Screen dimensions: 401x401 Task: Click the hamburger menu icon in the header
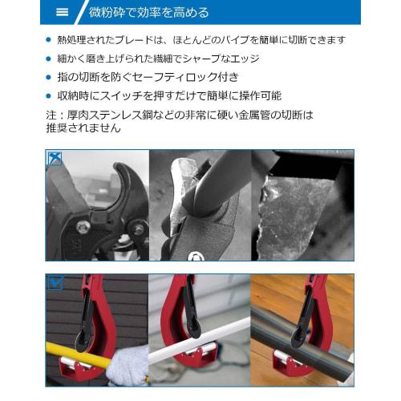pyautogui.click(x=63, y=12)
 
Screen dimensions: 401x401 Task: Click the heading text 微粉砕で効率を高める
pyautogui.click(x=148, y=12)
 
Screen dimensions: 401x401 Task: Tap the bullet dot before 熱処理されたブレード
pyautogui.click(x=50, y=40)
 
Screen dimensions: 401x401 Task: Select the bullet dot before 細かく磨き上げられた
pyautogui.click(x=50, y=59)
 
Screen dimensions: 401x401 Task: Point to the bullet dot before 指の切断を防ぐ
pyautogui.click(x=50, y=78)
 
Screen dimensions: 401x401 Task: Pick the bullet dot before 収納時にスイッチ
pyautogui.click(x=50, y=96)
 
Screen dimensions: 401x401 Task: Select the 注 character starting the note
pyautogui.click(x=52, y=115)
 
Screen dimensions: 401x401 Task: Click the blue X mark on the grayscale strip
pyautogui.click(x=55, y=158)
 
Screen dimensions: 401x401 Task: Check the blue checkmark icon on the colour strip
pyautogui.click(x=55, y=282)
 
